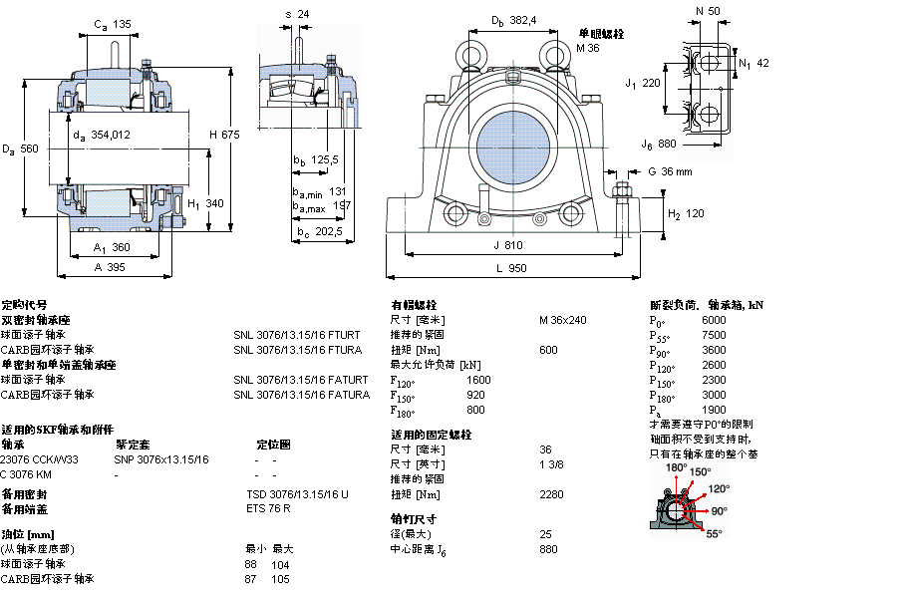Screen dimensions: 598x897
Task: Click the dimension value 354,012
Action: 110,135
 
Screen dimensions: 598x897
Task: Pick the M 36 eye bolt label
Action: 588,47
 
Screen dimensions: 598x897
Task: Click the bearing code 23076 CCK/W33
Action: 40,459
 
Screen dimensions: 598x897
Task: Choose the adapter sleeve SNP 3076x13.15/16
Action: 161,459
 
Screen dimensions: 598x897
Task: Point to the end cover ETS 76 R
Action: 268,508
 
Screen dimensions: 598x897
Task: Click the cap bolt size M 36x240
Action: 563,320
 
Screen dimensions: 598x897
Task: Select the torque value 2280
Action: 551,494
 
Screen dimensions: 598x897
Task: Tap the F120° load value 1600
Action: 478,380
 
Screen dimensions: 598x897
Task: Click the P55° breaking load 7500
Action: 715,335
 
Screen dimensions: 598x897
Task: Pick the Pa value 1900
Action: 715,410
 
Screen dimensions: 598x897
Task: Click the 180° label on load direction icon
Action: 677,467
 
